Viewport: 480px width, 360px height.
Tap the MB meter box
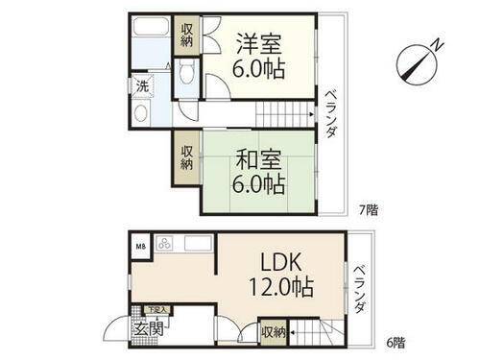click(139, 246)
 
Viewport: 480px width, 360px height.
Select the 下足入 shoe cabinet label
click(157, 310)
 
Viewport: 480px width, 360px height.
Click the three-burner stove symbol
click(163, 244)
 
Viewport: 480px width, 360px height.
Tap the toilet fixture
click(188, 76)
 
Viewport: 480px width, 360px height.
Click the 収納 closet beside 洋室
click(187, 36)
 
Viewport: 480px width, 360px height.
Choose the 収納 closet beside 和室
click(185, 157)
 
